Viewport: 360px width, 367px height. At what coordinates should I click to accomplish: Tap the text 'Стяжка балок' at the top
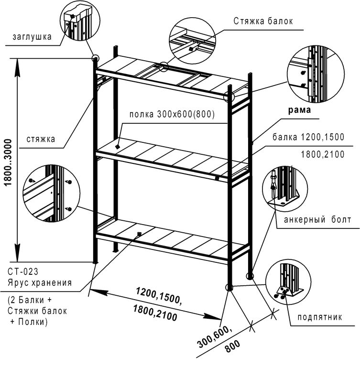click(x=263, y=21)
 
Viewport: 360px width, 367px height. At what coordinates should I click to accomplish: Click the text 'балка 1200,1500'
click(x=308, y=137)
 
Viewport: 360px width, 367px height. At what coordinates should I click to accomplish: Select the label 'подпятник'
click(x=319, y=317)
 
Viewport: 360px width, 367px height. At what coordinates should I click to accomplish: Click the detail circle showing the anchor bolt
click(x=282, y=190)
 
